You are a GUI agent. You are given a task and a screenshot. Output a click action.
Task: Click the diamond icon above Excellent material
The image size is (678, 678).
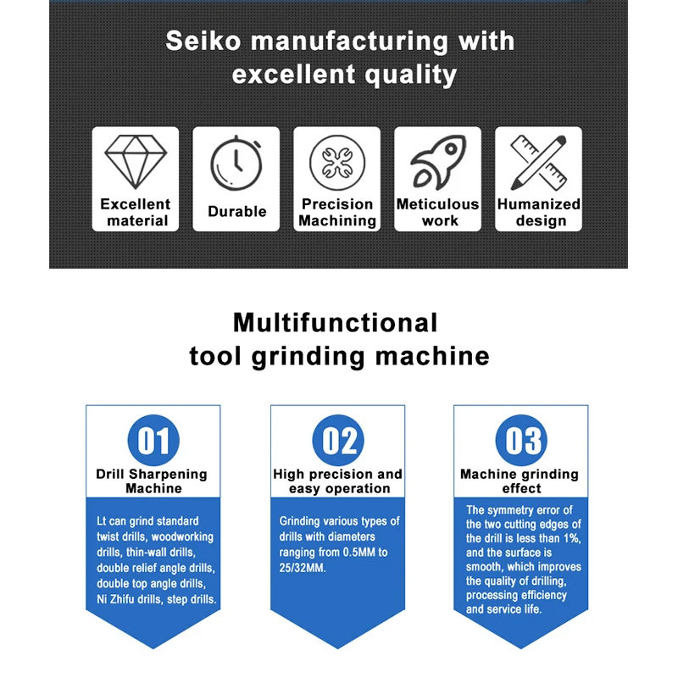pos(136,160)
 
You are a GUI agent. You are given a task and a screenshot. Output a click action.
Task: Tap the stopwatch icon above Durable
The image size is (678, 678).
pos(236,163)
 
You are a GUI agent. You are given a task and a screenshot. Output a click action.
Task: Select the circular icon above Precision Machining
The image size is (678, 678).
pos(337,162)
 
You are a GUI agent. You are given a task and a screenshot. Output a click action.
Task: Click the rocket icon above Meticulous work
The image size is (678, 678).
pos(437,162)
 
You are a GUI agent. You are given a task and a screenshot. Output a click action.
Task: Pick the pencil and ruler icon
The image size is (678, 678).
pos(538,162)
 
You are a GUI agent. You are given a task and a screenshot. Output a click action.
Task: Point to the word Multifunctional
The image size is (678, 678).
pos(336,322)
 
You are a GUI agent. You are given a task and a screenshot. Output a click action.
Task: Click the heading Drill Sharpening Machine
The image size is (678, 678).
pos(153,481)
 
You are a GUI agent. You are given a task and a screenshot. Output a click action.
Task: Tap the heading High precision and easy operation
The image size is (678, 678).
pos(338,481)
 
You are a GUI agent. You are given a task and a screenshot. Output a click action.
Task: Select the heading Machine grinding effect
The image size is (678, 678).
pos(520,481)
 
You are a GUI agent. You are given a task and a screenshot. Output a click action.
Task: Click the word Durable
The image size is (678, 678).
pos(236,212)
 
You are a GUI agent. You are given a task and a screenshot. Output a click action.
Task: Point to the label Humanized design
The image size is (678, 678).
pos(538,213)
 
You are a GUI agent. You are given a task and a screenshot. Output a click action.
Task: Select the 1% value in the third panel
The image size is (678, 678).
pos(569,538)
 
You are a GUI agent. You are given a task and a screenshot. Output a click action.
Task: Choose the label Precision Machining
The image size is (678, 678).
pos(337,213)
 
